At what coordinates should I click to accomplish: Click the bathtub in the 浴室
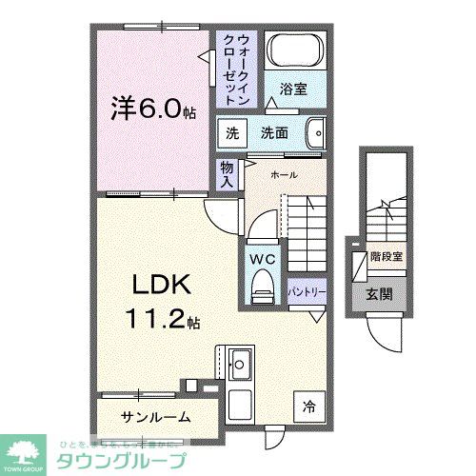tap(294, 52)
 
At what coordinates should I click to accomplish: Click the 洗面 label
tap(274, 133)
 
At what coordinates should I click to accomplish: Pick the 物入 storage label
tap(228, 173)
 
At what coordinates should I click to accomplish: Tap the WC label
tap(262, 257)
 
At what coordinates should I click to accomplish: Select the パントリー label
tap(307, 289)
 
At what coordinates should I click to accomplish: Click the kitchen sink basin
tap(239, 364)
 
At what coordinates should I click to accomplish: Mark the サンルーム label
tap(156, 416)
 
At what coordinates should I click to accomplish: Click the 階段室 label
tap(386, 256)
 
